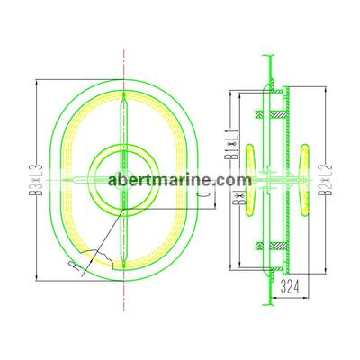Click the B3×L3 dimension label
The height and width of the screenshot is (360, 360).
[36, 180]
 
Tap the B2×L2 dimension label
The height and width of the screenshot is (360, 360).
[326, 180]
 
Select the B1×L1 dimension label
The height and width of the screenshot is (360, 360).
[234, 144]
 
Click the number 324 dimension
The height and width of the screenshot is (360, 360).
[290, 287]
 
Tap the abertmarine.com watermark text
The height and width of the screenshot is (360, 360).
[180, 180]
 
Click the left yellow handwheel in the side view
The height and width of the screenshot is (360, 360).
[250, 180]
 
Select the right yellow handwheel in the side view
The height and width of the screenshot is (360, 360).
[305, 180]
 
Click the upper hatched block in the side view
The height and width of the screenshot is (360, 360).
[272, 114]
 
